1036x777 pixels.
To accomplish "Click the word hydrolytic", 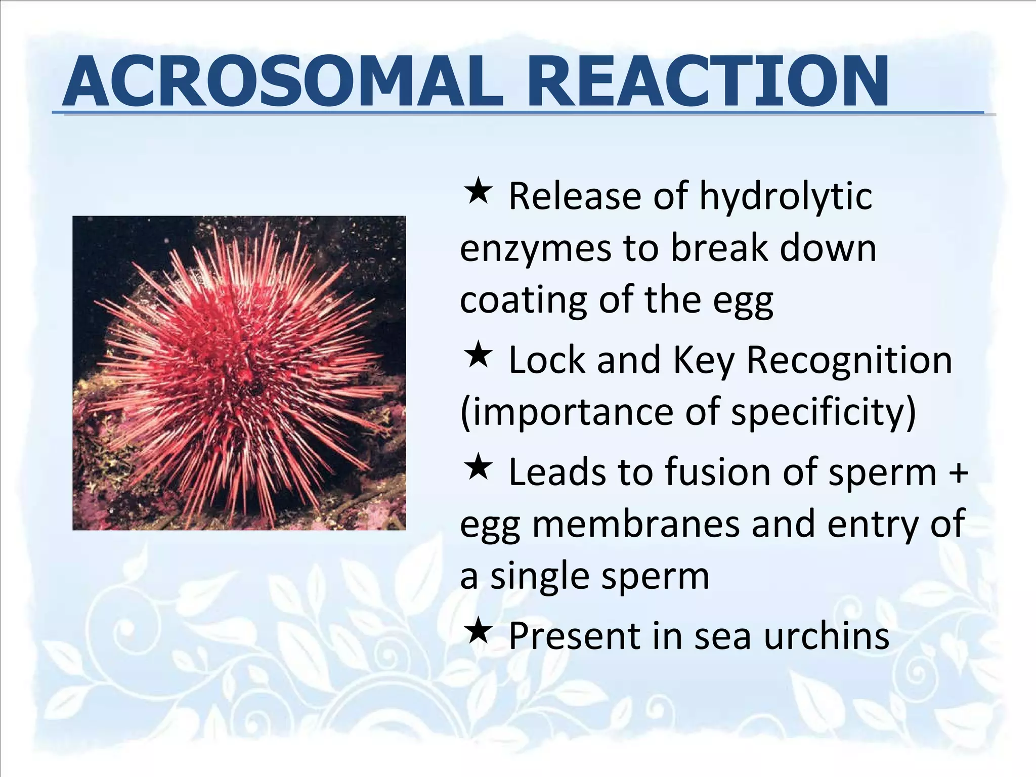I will pyautogui.click(x=786, y=197).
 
